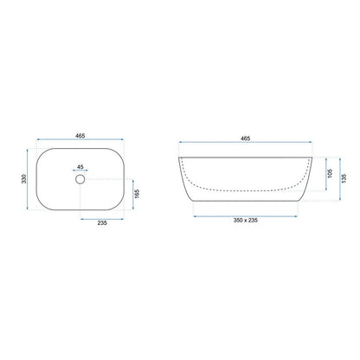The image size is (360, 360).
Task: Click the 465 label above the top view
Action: tap(80, 136)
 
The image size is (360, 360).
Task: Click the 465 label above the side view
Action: tap(245, 138)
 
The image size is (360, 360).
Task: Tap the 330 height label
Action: tap(24, 179)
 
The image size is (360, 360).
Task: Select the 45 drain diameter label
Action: tap(80, 167)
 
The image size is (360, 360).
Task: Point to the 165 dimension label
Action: tap(137, 194)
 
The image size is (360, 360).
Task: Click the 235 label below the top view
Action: tap(102, 222)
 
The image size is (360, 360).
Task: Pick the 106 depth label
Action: tap(331, 173)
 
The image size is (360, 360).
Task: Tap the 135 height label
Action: tap(344, 178)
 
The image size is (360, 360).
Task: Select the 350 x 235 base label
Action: tap(245, 221)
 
